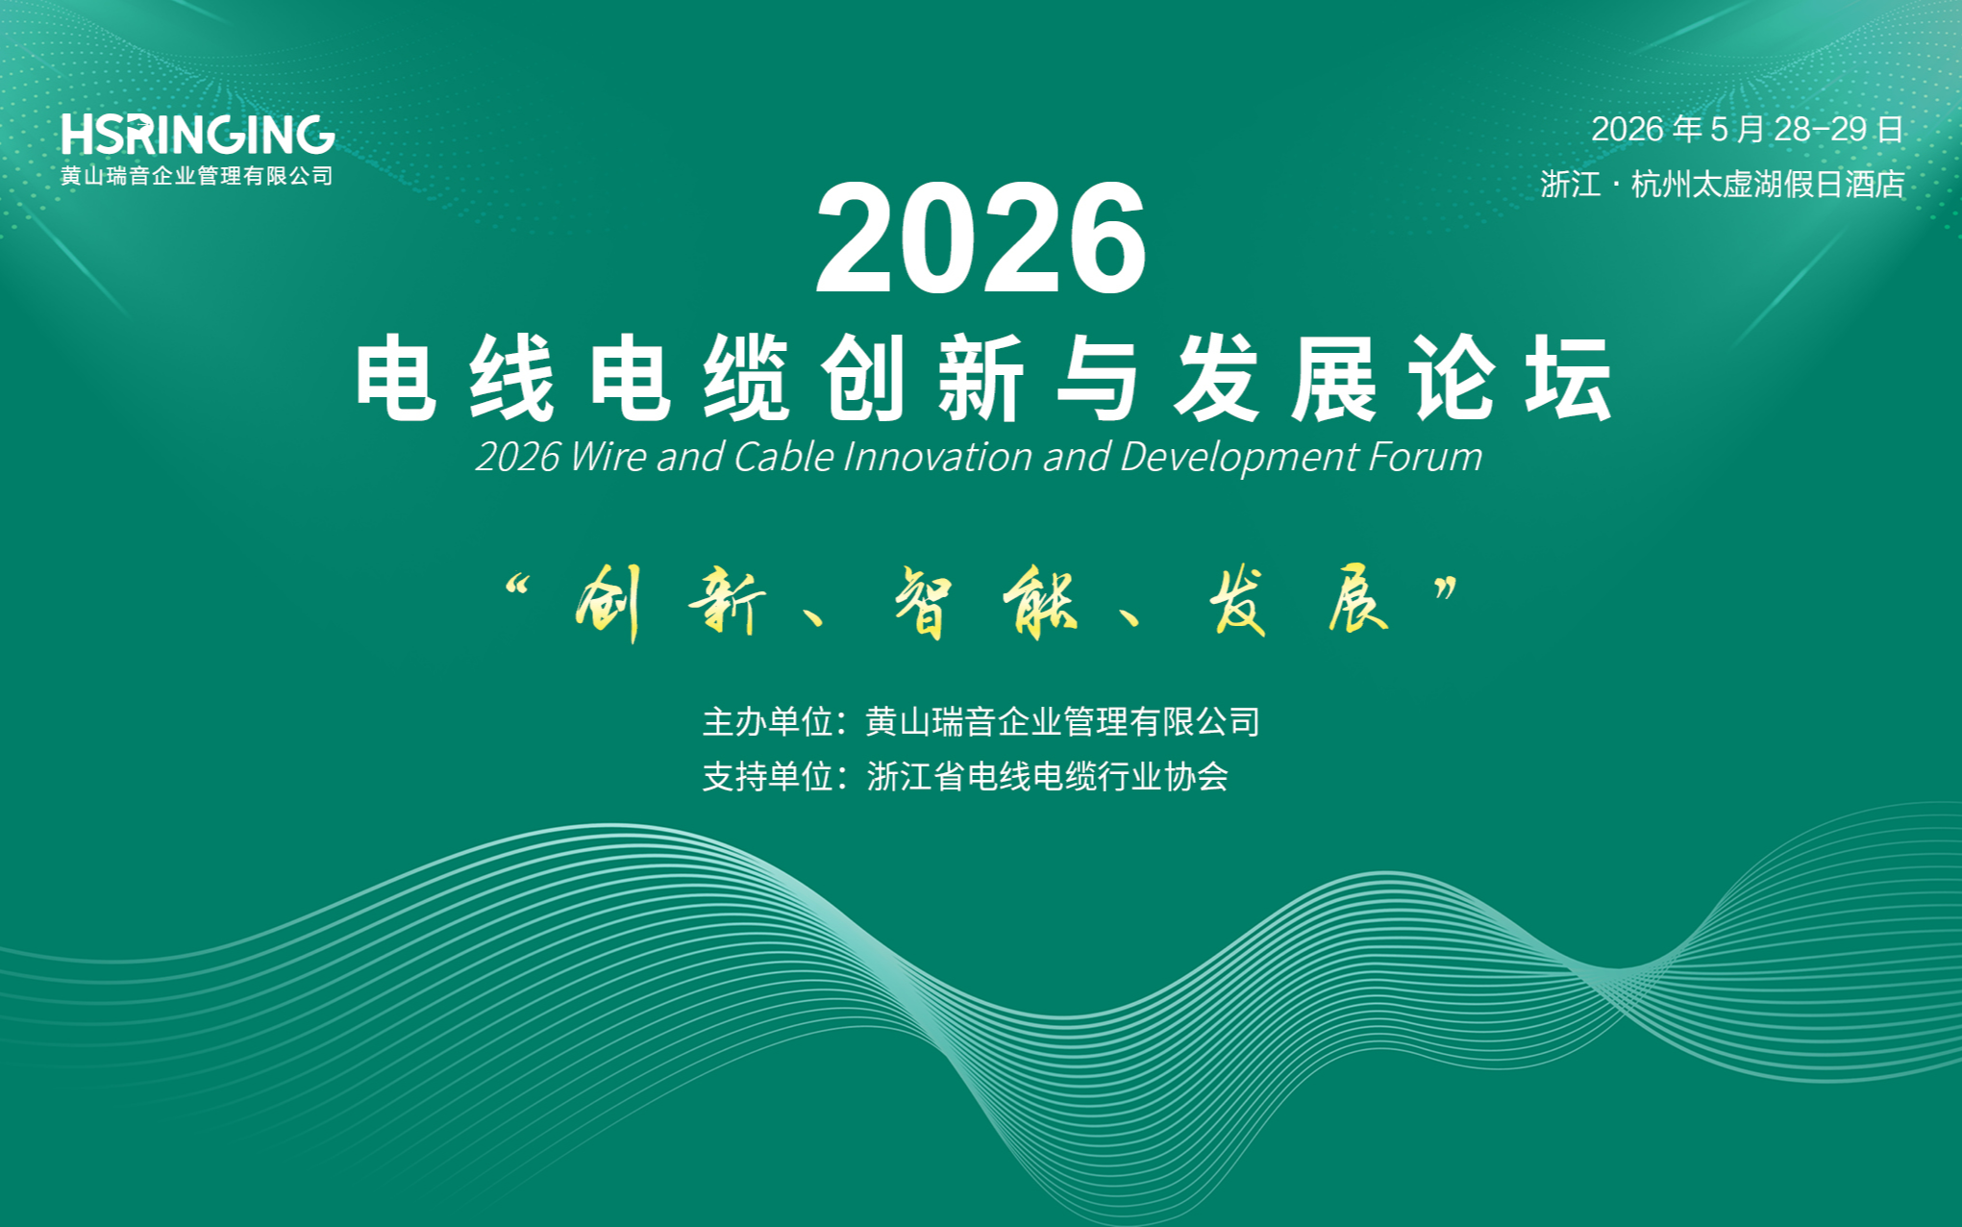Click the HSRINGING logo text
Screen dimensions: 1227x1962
(x=198, y=135)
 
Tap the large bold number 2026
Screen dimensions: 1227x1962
(x=981, y=238)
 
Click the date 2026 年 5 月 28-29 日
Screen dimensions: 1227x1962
(x=1747, y=129)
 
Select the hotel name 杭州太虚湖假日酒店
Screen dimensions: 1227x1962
(x=1768, y=184)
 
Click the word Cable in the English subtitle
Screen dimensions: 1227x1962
(x=782, y=457)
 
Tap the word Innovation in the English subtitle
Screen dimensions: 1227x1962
(x=937, y=457)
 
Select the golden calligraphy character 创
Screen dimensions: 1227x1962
(x=609, y=602)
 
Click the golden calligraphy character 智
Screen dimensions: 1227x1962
(x=924, y=602)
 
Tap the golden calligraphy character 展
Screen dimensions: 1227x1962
(x=1358, y=602)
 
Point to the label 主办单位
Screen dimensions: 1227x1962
(x=767, y=721)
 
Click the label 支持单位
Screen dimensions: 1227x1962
(x=767, y=776)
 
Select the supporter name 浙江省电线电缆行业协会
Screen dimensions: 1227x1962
(x=1048, y=776)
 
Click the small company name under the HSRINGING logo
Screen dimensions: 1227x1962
(x=197, y=176)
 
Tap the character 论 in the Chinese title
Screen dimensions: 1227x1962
(x=1452, y=379)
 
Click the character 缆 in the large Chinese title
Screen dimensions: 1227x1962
(x=746, y=379)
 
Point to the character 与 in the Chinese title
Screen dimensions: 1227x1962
(x=1098, y=379)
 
